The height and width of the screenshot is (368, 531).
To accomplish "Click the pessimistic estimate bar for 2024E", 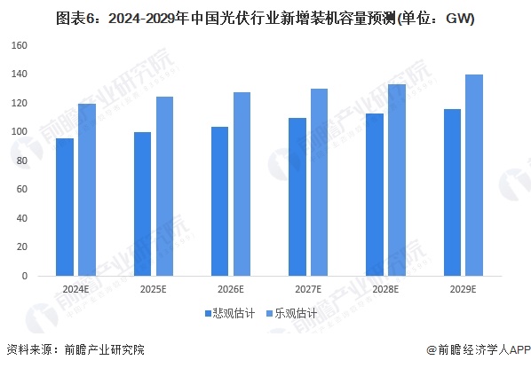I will coord(64,207).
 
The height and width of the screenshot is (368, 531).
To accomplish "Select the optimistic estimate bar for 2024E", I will coord(86,190).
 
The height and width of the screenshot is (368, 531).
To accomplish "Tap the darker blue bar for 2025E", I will coord(142,204).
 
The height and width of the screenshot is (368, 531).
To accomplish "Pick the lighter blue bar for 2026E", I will coord(242,184).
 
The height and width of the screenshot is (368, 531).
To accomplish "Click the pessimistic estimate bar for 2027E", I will coord(297,197).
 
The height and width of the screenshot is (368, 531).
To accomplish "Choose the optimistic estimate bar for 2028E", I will coord(398,180).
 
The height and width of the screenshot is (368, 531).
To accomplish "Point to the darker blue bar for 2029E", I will coord(453,192).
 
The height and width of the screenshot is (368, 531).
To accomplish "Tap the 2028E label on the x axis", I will coord(386,289).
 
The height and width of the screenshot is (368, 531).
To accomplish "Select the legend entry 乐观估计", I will coord(289,313).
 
